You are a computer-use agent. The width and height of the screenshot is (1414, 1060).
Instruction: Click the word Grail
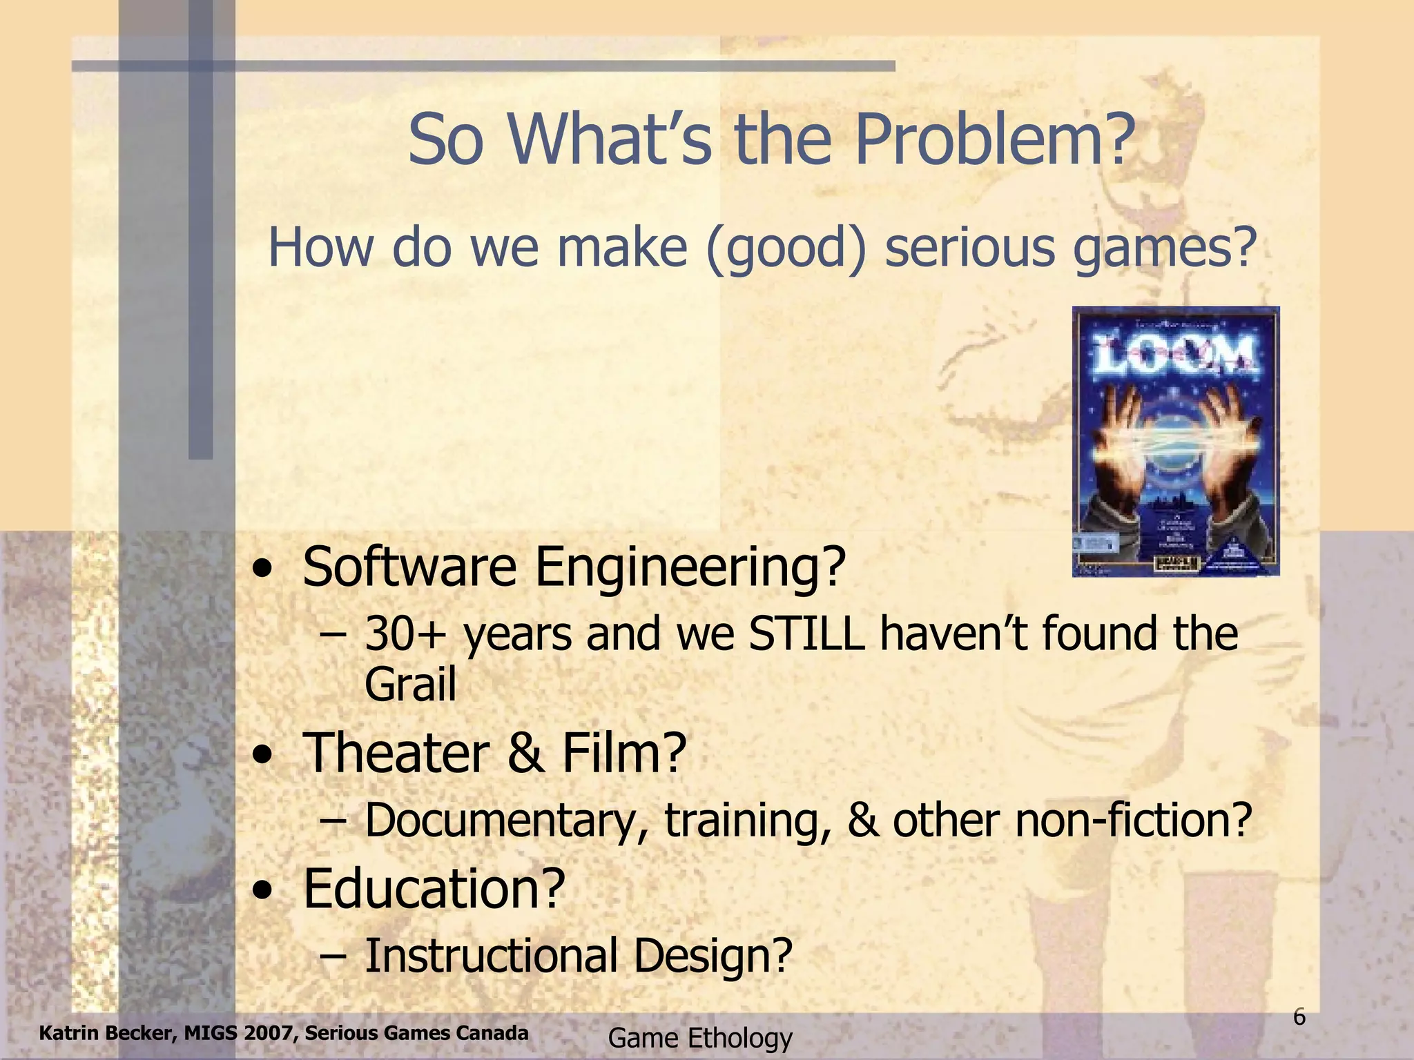pyautogui.click(x=410, y=684)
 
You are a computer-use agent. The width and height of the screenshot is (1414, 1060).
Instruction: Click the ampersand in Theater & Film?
pyautogui.click(x=525, y=753)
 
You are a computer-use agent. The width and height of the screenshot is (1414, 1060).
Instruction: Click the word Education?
pyautogui.click(x=434, y=888)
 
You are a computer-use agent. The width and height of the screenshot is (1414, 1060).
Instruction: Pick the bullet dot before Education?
pyautogui.click(x=262, y=892)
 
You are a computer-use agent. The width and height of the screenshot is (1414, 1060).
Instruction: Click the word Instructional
pyautogui.click(x=491, y=956)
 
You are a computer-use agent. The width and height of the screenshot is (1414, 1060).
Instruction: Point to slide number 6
pyautogui.click(x=1299, y=1017)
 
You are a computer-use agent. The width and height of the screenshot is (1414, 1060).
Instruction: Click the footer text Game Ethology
pyautogui.click(x=700, y=1038)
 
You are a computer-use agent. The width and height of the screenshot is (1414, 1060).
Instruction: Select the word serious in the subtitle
pyautogui.click(x=971, y=248)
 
